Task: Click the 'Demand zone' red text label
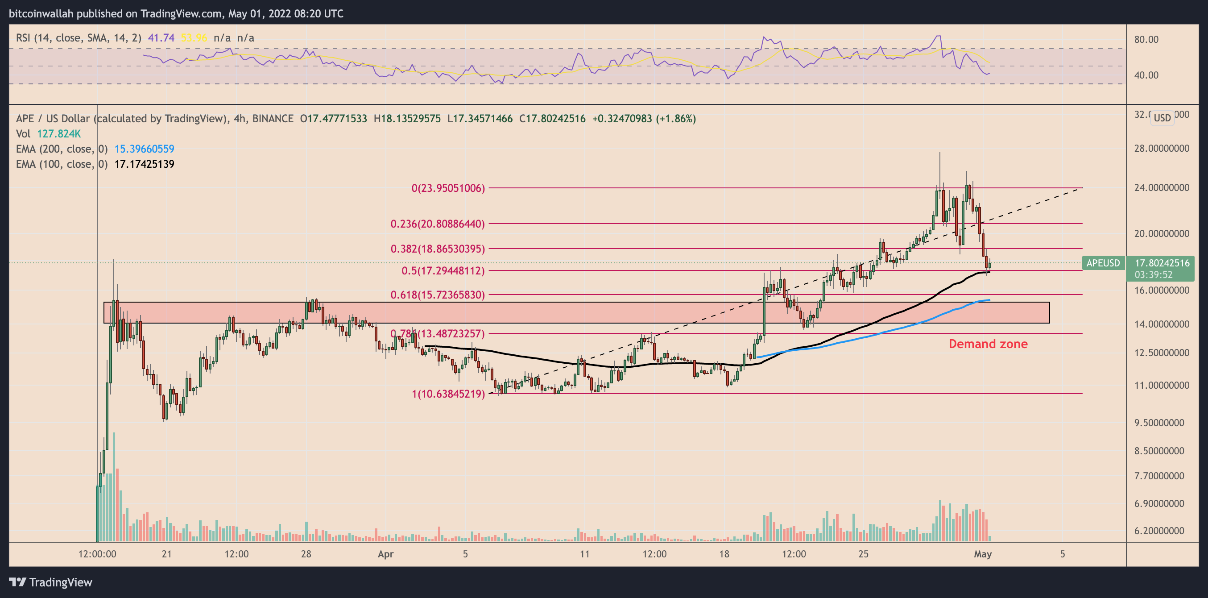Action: click(x=988, y=344)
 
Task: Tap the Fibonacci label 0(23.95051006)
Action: click(x=448, y=188)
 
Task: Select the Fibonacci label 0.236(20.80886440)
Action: click(x=438, y=224)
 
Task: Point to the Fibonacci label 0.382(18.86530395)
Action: click(x=438, y=249)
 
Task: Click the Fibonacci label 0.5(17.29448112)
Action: click(x=443, y=270)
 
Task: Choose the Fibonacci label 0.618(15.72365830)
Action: click(x=438, y=295)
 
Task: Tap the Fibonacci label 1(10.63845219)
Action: click(x=448, y=394)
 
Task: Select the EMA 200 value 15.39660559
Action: click(x=144, y=149)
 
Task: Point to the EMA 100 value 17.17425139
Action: click(x=144, y=164)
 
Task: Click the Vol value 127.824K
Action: click(x=58, y=134)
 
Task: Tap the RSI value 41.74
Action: click(x=161, y=37)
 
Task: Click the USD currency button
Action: click(x=1162, y=118)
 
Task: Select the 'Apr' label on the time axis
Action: click(x=385, y=554)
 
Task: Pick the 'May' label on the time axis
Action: click(x=982, y=554)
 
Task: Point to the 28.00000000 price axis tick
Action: click(x=1161, y=148)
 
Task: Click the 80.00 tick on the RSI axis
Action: click(x=1146, y=39)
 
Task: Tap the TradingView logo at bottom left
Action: click(x=51, y=582)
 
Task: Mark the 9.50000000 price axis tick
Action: click(x=1161, y=423)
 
